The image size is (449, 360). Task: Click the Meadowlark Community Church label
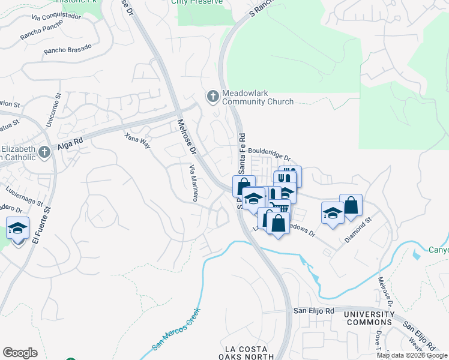coord(258,98)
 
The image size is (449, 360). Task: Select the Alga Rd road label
coord(71,144)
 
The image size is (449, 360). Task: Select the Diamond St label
coord(359,229)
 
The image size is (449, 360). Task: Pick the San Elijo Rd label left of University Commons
coord(313,311)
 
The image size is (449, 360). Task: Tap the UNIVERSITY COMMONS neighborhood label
coord(369,319)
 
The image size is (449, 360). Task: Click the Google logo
coord(20,352)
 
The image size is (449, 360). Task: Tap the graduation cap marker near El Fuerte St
coord(18,229)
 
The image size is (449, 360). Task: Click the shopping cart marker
coord(278,208)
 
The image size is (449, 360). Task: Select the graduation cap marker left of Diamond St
coord(333,213)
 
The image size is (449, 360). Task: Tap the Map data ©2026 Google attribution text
coord(411,355)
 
